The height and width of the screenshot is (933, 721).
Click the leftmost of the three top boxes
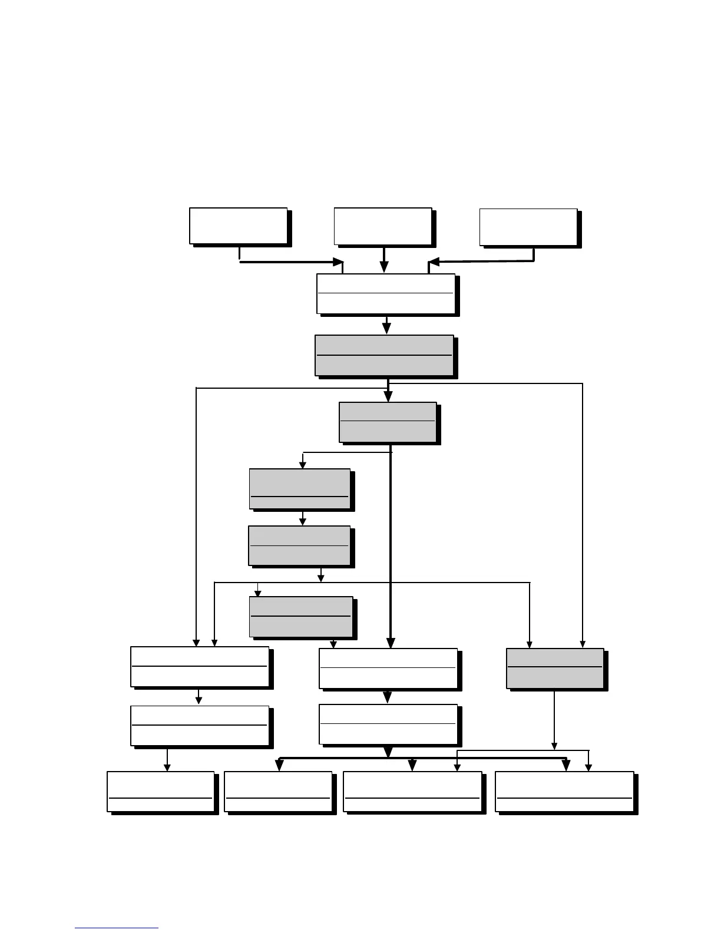click(x=238, y=226)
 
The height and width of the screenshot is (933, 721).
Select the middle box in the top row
click(x=383, y=226)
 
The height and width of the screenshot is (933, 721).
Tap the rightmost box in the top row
click(x=528, y=227)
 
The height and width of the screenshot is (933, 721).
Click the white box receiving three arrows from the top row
click(x=386, y=293)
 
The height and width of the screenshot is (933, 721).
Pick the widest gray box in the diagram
click(x=384, y=355)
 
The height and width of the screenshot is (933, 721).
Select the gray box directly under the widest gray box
click(x=388, y=422)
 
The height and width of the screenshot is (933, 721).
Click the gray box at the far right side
click(x=555, y=668)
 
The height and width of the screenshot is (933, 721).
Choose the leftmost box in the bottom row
click(x=160, y=791)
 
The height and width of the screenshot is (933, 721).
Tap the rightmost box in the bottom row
click(x=564, y=791)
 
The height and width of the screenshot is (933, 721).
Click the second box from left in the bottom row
click(x=278, y=791)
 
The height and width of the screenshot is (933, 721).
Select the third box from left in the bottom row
click(x=412, y=791)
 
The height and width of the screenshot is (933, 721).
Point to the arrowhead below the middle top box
click(x=384, y=267)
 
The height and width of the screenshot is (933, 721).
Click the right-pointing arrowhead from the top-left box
click(x=338, y=262)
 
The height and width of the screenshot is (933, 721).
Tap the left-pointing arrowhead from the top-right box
click(x=434, y=262)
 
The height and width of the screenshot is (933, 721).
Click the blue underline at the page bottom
click(x=117, y=928)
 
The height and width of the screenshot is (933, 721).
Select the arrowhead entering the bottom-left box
click(x=167, y=767)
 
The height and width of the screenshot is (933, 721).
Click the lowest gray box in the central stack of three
click(x=301, y=617)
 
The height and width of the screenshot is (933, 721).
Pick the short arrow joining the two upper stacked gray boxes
click(x=303, y=518)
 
